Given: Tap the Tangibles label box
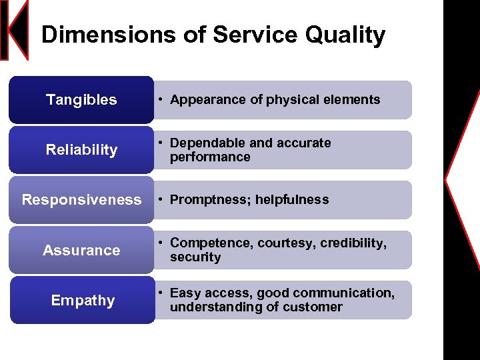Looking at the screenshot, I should (81, 100).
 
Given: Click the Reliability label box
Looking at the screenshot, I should (81, 150).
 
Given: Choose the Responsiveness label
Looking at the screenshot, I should (81, 200).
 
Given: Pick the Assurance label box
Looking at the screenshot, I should (81, 251).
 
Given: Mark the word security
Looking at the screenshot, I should (195, 257).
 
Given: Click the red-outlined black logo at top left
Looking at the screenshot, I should (15, 30).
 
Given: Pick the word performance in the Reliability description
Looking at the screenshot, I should (210, 157).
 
